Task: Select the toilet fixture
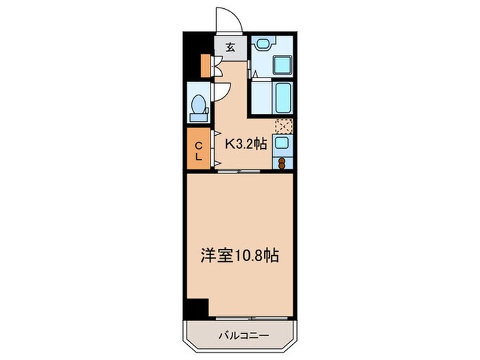[198, 106]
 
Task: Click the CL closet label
[198, 150]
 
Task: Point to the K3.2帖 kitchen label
[245, 144]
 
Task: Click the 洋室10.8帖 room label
[239, 255]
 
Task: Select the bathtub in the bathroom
[283, 96]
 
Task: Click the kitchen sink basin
[281, 143]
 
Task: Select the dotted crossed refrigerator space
[283, 125]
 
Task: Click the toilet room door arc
[217, 93]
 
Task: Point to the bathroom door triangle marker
[253, 73]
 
